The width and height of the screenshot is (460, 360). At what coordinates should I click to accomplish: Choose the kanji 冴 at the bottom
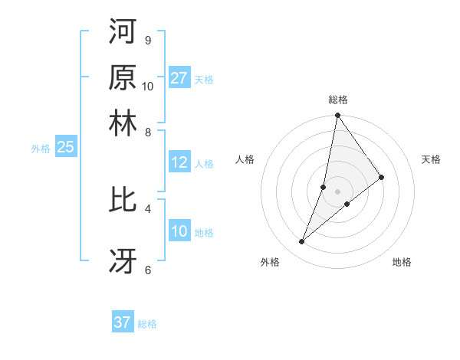[x=123, y=260]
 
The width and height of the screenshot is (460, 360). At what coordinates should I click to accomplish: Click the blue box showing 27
[x=179, y=78]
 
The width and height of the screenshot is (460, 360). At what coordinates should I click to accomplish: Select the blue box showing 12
[x=179, y=162]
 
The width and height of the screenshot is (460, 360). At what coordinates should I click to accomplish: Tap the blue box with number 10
[x=179, y=231]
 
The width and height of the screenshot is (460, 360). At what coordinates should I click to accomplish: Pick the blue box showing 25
[x=65, y=147]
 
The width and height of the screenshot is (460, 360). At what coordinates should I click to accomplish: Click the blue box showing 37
[x=123, y=322]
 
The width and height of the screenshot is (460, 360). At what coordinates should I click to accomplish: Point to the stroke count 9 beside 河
[x=147, y=40]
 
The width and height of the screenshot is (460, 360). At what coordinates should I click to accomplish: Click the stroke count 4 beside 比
[x=147, y=208]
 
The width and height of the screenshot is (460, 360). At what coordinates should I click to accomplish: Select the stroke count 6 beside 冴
[x=147, y=270]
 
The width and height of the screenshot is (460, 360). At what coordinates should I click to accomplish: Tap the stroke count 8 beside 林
[x=147, y=132]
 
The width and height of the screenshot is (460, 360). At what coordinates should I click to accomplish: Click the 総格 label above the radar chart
[x=338, y=100]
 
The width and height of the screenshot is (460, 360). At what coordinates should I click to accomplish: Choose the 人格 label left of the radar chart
[x=245, y=159]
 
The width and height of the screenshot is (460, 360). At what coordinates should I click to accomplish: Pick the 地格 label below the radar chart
[x=402, y=262]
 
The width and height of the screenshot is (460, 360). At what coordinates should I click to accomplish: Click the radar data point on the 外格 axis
[x=302, y=242]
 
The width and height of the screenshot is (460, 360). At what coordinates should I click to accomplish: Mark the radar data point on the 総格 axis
[x=338, y=116]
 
